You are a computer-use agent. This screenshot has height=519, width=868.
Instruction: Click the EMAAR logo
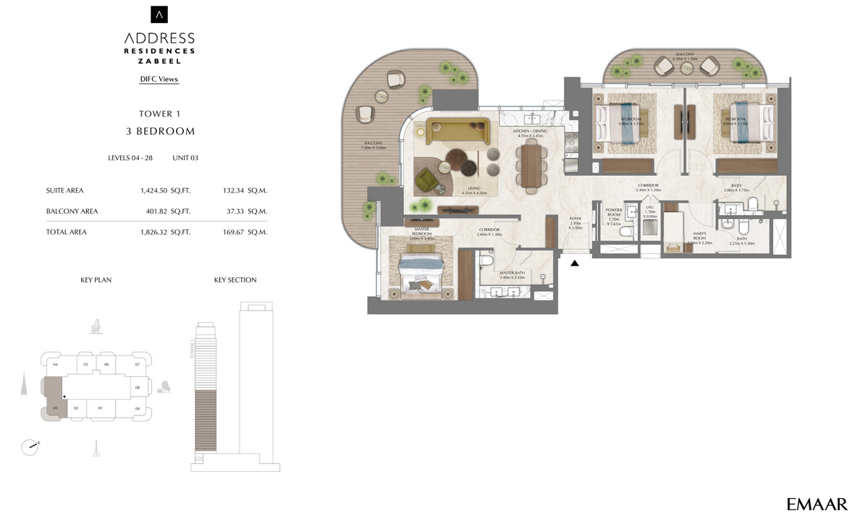(817, 503)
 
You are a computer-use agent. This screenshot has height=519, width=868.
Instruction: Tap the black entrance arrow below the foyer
(575, 263)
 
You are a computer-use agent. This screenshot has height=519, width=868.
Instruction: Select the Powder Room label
(615, 216)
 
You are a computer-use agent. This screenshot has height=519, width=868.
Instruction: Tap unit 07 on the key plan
(138, 364)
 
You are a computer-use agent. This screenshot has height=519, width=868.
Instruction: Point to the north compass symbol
(30, 447)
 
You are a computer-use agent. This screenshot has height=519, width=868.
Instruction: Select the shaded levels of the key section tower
(206, 421)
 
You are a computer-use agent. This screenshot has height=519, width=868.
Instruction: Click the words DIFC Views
(159, 79)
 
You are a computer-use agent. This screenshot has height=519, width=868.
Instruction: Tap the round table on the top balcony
(686, 67)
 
